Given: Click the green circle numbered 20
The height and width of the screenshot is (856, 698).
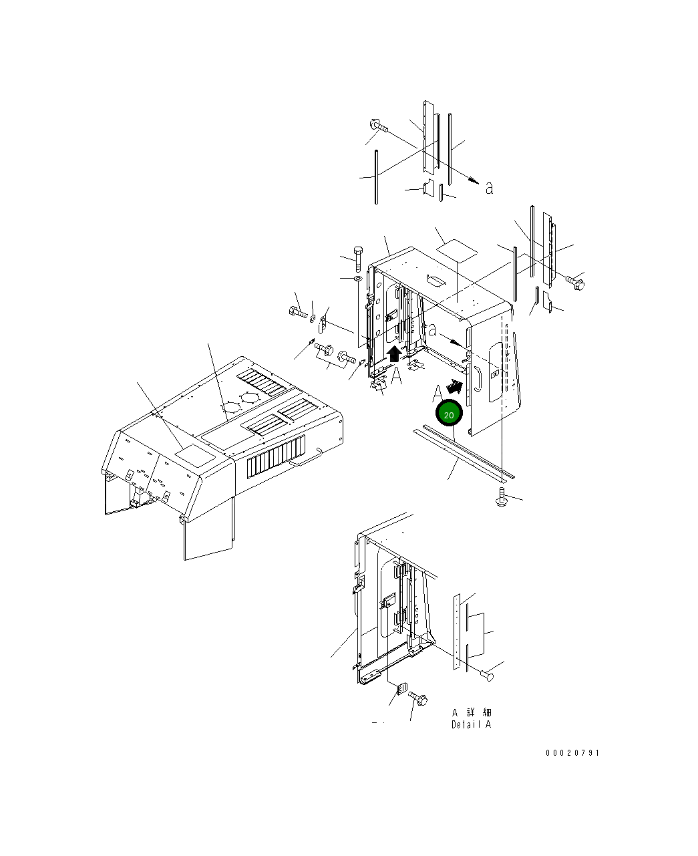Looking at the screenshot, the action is pos(448,413).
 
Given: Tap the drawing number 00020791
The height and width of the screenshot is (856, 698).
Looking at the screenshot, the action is pos(572,753).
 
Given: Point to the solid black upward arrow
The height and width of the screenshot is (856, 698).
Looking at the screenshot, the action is pos(393,353).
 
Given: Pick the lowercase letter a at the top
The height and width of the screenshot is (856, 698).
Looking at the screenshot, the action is pos(490,188).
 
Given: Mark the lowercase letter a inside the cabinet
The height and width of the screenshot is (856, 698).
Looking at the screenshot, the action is pos(433,329).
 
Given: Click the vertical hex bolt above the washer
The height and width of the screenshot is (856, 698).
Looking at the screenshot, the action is pos(358,259).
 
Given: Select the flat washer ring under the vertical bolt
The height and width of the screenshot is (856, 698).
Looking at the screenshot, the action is pos(358,279).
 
